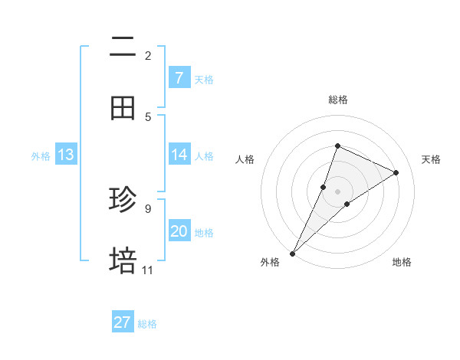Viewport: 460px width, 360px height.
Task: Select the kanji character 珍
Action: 123,201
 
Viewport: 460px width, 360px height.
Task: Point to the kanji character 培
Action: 123,261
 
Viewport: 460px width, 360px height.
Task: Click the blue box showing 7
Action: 179,77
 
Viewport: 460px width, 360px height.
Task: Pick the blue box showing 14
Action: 179,155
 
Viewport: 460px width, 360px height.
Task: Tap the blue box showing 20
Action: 179,231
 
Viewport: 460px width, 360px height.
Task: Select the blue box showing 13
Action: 66,155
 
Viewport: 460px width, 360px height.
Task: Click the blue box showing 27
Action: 123,322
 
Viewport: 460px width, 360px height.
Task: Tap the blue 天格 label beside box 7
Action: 204,79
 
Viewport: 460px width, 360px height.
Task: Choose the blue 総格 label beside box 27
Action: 147,324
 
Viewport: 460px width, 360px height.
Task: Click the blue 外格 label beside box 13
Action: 41,156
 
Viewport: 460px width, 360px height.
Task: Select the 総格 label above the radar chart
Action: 337,100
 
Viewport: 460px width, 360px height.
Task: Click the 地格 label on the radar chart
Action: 402,262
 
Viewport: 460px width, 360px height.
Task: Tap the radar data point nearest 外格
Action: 293,253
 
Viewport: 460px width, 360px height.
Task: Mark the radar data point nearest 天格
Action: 396,172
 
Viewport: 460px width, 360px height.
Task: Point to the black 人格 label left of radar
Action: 245,159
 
